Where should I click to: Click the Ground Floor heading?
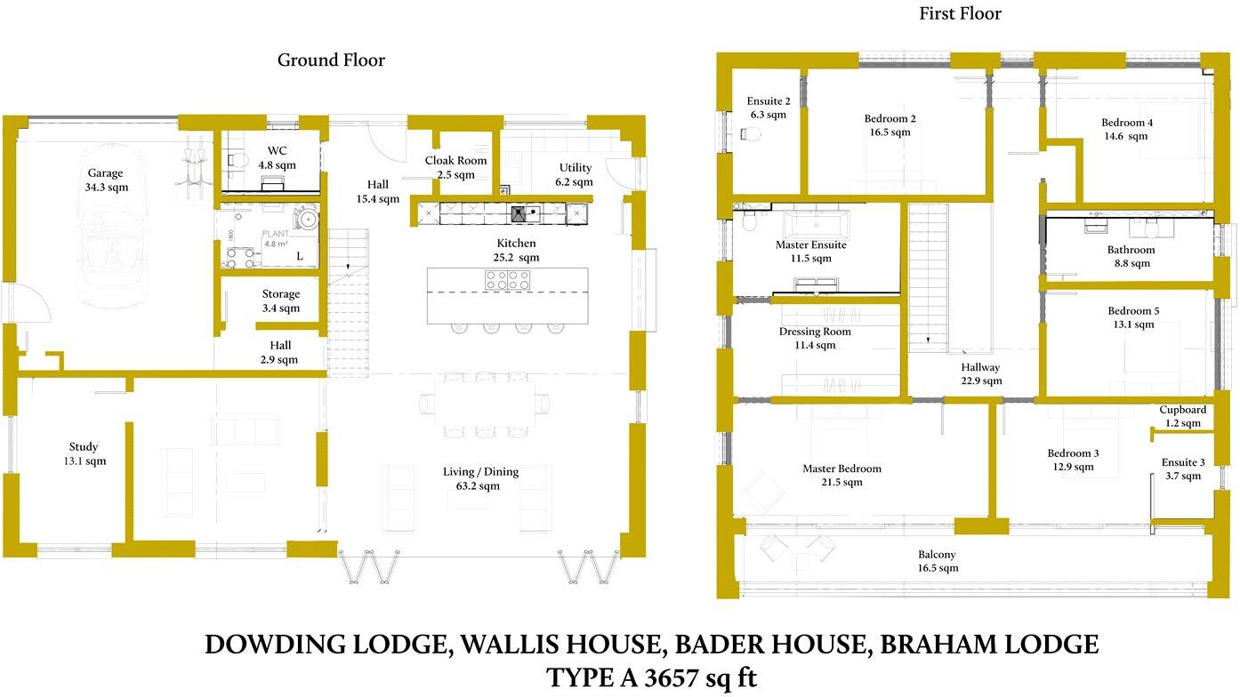click(x=331, y=60)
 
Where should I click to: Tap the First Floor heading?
click(x=960, y=13)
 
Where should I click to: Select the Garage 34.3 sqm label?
click(x=105, y=180)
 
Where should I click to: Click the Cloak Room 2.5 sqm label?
click(x=455, y=167)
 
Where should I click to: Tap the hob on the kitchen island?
click(x=507, y=280)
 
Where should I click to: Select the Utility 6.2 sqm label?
click(x=576, y=174)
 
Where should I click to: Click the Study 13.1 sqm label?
click(x=84, y=453)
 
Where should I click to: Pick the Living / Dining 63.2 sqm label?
click(x=481, y=478)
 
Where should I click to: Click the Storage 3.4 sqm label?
click(x=280, y=300)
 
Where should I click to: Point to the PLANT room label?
click(x=276, y=236)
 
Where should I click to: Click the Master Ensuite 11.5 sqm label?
click(x=810, y=252)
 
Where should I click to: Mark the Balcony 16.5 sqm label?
click(x=938, y=561)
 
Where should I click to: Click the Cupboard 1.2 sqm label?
click(x=1182, y=416)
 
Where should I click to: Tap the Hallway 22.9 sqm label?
click(x=980, y=373)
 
